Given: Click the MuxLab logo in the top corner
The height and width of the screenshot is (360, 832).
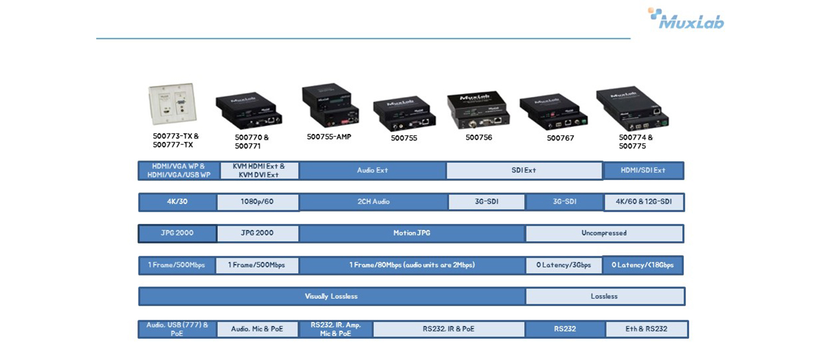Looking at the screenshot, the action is click(x=686, y=19).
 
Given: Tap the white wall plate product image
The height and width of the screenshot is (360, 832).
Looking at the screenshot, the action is click(x=173, y=104).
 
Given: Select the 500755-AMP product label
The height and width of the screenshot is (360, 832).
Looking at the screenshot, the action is click(x=329, y=137).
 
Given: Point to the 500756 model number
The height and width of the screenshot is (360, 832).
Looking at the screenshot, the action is click(x=479, y=137).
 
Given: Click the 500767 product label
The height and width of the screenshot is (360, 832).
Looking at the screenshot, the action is click(x=561, y=138).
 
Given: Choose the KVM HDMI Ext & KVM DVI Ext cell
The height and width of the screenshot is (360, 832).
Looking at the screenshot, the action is click(x=259, y=171).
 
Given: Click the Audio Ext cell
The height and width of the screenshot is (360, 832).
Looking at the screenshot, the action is click(x=373, y=170).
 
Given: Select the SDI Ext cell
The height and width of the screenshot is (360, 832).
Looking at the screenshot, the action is click(x=523, y=170).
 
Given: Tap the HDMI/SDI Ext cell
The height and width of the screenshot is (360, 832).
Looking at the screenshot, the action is click(x=643, y=170).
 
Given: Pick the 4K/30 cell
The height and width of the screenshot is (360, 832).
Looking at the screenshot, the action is click(x=178, y=202).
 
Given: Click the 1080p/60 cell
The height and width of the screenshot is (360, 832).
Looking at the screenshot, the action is click(x=258, y=202).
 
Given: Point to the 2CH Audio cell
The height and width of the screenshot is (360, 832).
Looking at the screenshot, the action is click(x=374, y=202).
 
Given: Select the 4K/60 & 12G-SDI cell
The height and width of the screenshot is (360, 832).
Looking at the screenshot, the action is click(x=644, y=202).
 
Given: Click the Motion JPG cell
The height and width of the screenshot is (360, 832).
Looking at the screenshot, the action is click(x=412, y=233).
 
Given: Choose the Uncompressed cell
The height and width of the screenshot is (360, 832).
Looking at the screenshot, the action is click(x=604, y=233).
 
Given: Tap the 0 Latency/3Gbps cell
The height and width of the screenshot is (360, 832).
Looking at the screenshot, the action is click(x=564, y=266).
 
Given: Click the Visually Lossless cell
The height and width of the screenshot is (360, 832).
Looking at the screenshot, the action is click(x=332, y=296).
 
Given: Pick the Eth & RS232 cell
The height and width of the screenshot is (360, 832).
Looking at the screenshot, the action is click(x=646, y=329).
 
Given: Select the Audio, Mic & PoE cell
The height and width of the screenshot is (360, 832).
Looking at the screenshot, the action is click(x=258, y=329).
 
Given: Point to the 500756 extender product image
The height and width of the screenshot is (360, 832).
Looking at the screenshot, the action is click(x=478, y=110).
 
